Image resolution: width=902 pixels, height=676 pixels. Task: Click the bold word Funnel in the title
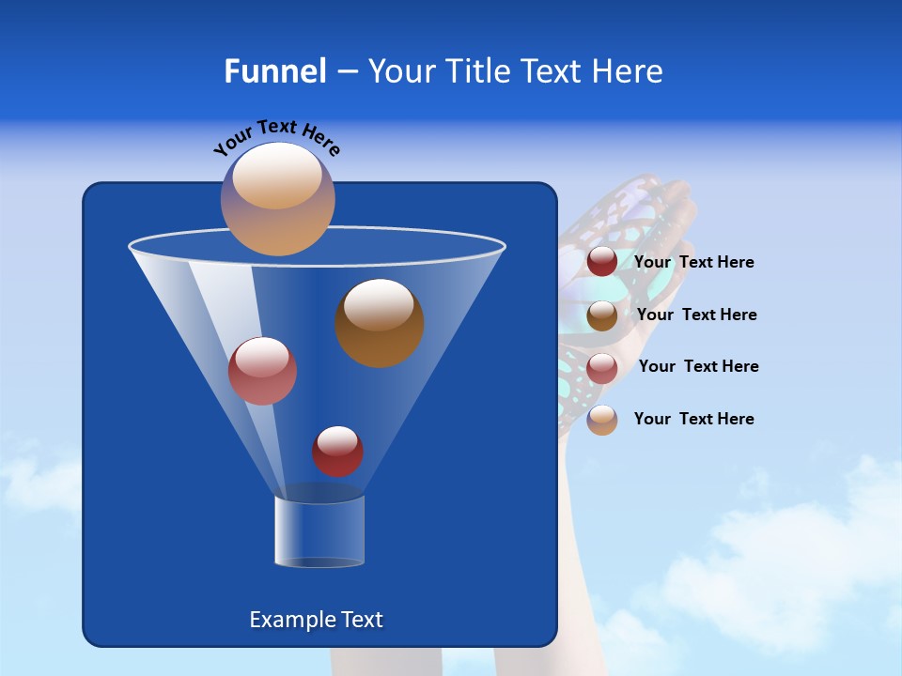[x=275, y=71]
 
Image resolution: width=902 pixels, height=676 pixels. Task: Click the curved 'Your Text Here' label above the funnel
[x=277, y=137]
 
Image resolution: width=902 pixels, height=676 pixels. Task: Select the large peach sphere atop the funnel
[x=277, y=198]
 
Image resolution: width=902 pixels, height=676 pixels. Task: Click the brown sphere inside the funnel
[x=380, y=322]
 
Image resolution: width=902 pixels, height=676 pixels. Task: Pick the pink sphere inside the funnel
[x=262, y=371]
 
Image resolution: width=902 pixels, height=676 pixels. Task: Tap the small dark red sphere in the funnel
[x=337, y=452]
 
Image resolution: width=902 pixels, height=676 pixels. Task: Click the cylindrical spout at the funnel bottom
[x=319, y=531]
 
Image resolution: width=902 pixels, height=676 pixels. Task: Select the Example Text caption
[x=316, y=620]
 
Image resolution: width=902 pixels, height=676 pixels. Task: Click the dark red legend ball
[x=602, y=262]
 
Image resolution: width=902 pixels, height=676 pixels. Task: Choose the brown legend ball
[x=602, y=315]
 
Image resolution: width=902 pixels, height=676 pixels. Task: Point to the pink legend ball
[x=602, y=368]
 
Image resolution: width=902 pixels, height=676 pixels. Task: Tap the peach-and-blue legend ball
[x=602, y=420]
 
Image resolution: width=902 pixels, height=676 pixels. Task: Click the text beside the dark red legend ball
[x=693, y=263]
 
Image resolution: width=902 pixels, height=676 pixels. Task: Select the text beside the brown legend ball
[x=696, y=315]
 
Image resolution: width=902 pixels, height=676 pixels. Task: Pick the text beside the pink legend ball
[x=698, y=367]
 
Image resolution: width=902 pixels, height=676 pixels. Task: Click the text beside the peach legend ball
[x=693, y=420]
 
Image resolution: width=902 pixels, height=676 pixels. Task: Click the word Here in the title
[x=628, y=71]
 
